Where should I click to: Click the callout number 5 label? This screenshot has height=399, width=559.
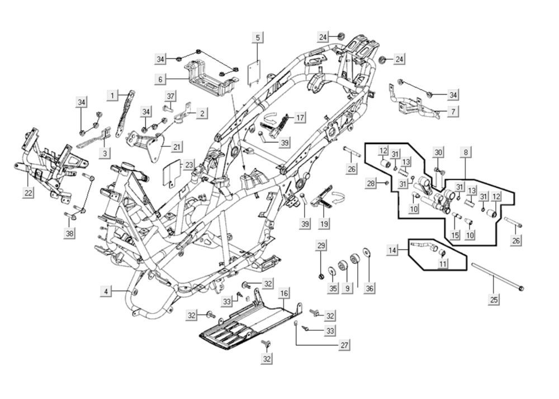point(258,38)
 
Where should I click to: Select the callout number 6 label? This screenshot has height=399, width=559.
point(160,79)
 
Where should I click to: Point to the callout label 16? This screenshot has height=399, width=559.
point(284,293)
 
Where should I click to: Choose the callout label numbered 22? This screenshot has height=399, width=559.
point(28,193)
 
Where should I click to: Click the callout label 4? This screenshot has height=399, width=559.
point(106,291)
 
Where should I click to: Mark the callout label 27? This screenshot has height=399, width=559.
point(344,345)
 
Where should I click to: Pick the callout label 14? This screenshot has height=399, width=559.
point(393,250)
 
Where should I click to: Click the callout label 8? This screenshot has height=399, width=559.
point(465,151)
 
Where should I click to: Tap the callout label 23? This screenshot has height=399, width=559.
point(190,165)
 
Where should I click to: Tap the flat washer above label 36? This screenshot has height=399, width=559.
point(367,253)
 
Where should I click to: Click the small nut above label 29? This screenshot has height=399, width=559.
point(321,276)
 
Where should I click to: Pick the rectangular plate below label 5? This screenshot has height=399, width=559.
point(255,72)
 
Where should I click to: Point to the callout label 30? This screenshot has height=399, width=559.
point(439,152)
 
